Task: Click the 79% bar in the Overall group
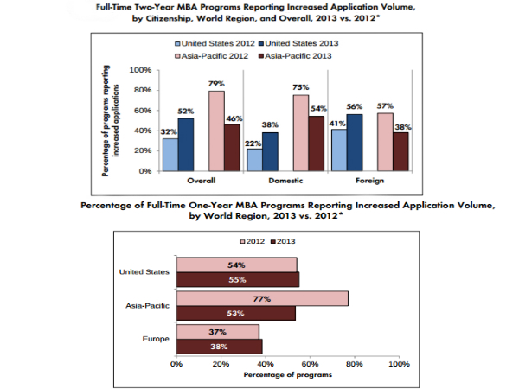pyautogui.click(x=216, y=131)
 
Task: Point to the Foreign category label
pyautogui.click(x=370, y=182)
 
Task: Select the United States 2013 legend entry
pyautogui.click(x=298, y=42)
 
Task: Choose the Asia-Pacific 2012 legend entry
pyautogui.click(x=211, y=56)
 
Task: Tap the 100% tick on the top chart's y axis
pyautogui.click(x=139, y=69)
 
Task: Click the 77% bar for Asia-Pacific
pyautogui.click(x=262, y=298)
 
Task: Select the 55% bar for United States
pyautogui.click(x=238, y=279)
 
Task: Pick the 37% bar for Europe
pyautogui.click(x=218, y=332)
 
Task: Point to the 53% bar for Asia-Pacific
pyautogui.click(x=235, y=313)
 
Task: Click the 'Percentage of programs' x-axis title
pyautogui.click(x=287, y=375)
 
